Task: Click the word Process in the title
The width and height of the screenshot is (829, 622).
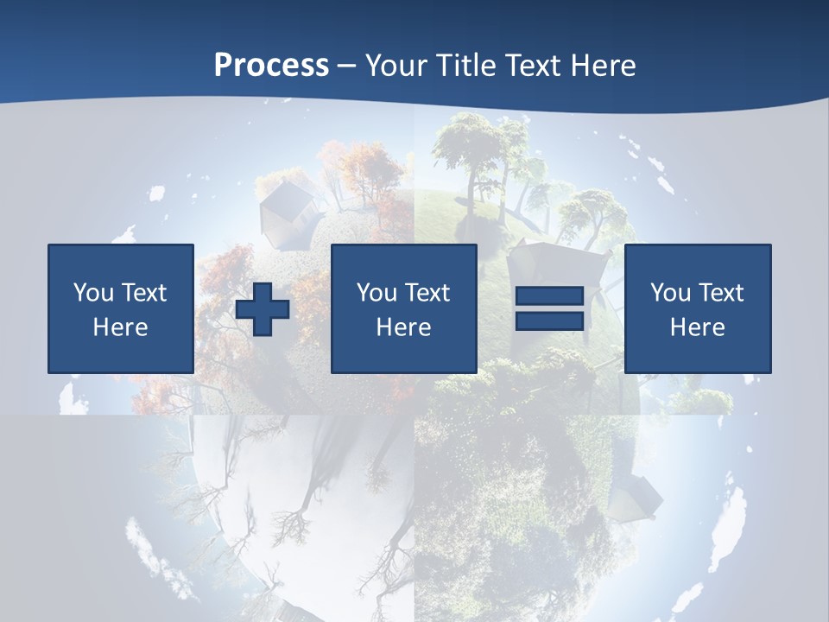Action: [x=271, y=66]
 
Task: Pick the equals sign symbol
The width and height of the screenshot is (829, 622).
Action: [x=550, y=308]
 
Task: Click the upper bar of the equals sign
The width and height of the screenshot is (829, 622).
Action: [x=550, y=296]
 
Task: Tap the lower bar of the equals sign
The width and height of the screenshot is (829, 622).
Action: [x=550, y=321]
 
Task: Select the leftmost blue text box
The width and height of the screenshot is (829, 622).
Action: [x=121, y=308]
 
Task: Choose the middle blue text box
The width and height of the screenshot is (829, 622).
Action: [x=404, y=308]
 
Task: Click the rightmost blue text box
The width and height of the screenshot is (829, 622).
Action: [x=698, y=308]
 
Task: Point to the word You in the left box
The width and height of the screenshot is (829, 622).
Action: [x=93, y=293]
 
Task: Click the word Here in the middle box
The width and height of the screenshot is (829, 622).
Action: [x=404, y=327]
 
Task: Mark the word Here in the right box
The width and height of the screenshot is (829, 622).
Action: [x=698, y=327]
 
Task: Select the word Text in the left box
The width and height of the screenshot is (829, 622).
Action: [x=144, y=293]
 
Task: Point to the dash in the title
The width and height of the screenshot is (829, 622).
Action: [x=347, y=67]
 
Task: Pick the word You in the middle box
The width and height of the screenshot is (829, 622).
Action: [x=377, y=293]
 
